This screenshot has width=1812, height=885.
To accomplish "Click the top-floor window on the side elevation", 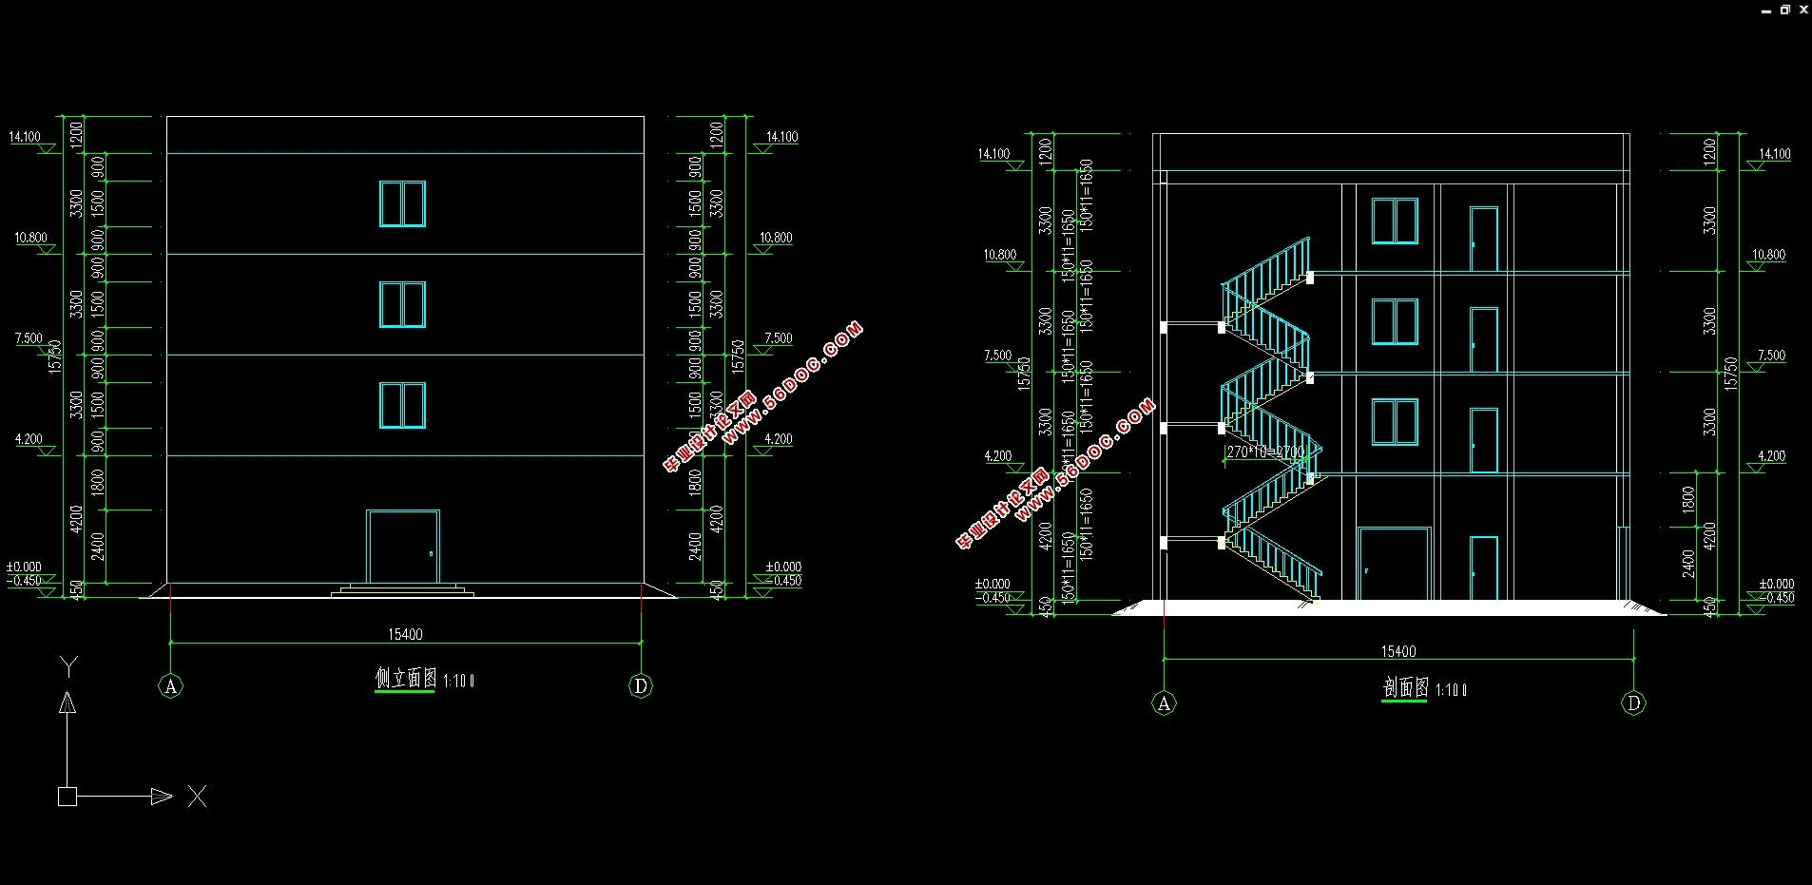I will click(x=402, y=203).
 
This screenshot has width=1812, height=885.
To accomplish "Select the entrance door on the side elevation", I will click(x=403, y=547).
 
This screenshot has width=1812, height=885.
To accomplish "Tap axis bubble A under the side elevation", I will click(x=170, y=686).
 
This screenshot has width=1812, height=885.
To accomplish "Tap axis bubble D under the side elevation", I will click(x=641, y=686).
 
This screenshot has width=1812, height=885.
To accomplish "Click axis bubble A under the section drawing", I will click(x=1164, y=703).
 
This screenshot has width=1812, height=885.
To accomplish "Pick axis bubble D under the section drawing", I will click(x=1633, y=703).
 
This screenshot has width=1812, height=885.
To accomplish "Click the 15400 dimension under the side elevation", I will click(x=405, y=634).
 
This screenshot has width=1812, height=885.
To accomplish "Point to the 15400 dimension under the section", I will click(x=1398, y=651).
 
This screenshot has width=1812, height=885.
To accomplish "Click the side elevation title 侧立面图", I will click(x=406, y=679).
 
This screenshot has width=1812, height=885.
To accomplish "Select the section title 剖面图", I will click(x=1405, y=688).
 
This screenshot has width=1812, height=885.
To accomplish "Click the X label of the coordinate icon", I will click(x=197, y=797).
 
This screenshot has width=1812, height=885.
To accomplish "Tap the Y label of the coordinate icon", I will click(x=68, y=664).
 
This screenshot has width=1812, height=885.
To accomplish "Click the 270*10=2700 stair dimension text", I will click(x=1265, y=452).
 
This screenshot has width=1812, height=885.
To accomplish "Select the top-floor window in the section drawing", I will click(x=1395, y=221).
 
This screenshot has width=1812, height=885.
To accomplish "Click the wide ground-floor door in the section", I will click(x=1394, y=564).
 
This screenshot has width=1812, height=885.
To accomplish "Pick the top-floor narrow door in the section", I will click(x=1484, y=239).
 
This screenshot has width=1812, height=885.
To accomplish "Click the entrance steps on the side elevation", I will click(x=402, y=590).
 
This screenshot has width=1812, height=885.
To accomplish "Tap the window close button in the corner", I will click(x=1803, y=10).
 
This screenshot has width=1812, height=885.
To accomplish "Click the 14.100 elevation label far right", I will click(x=1774, y=154).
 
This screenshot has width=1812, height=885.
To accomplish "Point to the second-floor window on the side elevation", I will click(x=402, y=405).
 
